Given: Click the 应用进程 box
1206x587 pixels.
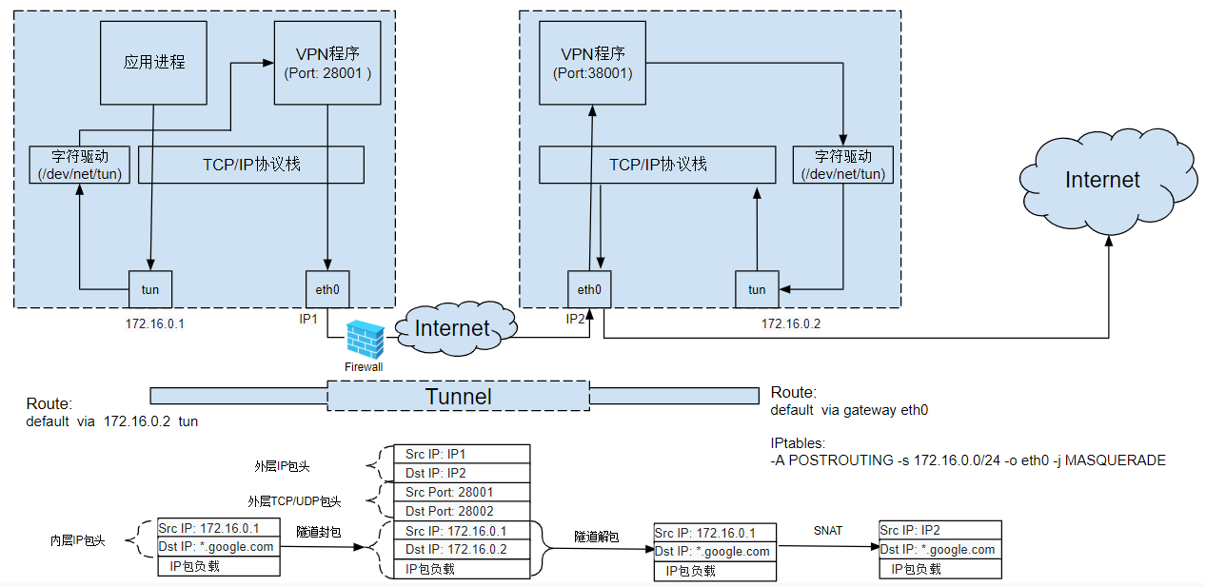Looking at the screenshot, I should pyautogui.click(x=153, y=63).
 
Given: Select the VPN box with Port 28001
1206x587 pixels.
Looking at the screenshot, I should pyautogui.click(x=327, y=62).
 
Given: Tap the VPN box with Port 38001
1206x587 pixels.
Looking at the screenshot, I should pyautogui.click(x=592, y=62).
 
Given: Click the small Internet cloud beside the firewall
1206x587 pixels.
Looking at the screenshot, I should pyautogui.click(x=454, y=329).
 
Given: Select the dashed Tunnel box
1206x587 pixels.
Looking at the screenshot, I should pyautogui.click(x=458, y=396).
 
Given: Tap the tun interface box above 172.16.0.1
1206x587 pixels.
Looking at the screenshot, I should pyautogui.click(x=150, y=289).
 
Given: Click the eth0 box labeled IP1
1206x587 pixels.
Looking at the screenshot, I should pyautogui.click(x=327, y=289).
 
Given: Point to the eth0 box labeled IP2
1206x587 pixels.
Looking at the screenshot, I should pyautogui.click(x=589, y=289).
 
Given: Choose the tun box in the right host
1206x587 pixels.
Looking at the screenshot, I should pyautogui.click(x=757, y=289).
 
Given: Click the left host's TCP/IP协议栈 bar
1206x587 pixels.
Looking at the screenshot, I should pyautogui.click(x=251, y=165).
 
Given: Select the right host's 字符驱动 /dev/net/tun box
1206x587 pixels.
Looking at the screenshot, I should pyautogui.click(x=843, y=165).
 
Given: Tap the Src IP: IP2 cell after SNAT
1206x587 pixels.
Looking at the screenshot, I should pyautogui.click(x=939, y=530).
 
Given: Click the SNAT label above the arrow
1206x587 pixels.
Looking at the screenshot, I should pyautogui.click(x=827, y=530).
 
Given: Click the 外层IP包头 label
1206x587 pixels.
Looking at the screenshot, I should pyautogui.click(x=282, y=467).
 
